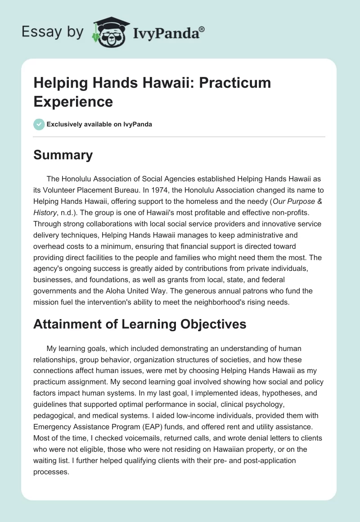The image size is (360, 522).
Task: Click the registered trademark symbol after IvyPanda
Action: click(x=202, y=29)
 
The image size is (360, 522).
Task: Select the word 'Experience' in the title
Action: click(x=73, y=102)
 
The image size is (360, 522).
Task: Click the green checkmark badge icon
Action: click(x=39, y=124)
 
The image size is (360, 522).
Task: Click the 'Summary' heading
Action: click(x=63, y=155)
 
